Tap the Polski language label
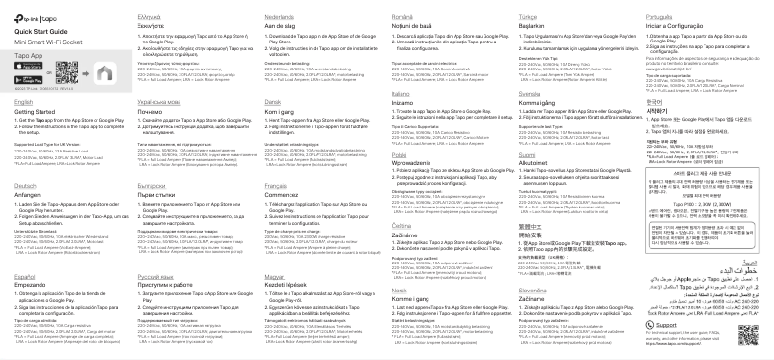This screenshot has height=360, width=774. [401, 152]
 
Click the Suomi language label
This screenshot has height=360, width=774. [525, 153]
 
